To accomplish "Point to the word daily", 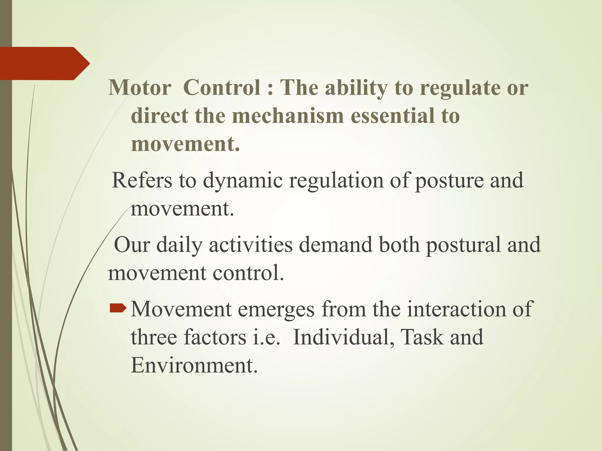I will [179, 245].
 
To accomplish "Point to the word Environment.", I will [194, 366].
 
